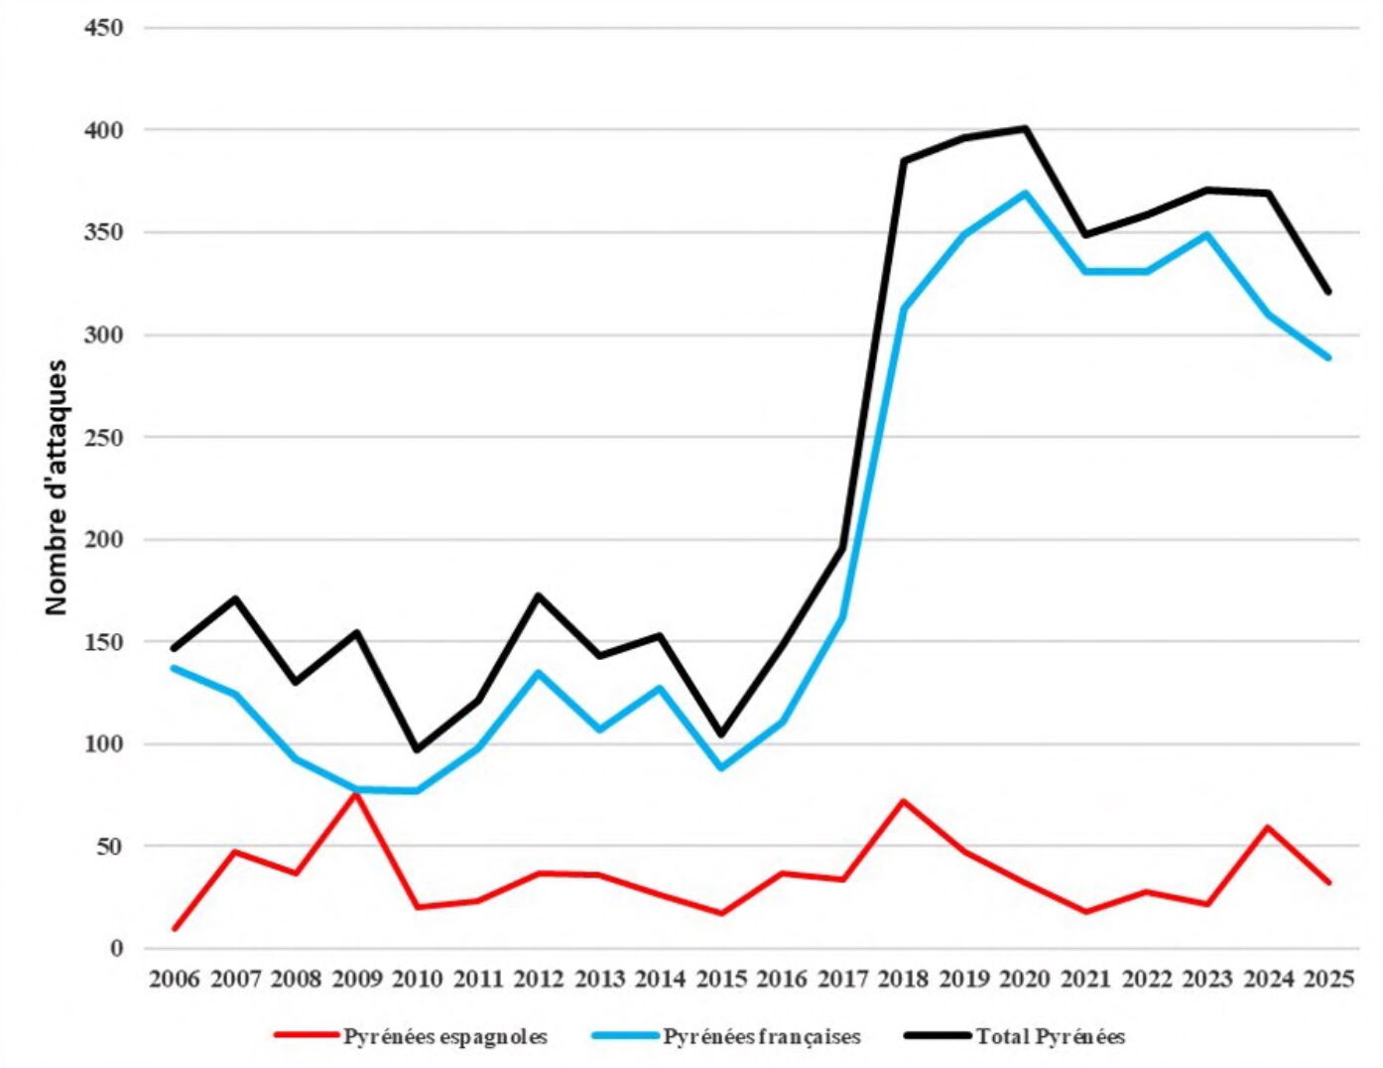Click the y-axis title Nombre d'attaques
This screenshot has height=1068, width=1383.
(x=57, y=486)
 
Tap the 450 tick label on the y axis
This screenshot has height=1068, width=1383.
(x=104, y=28)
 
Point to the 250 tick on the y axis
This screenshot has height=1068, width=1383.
(x=104, y=438)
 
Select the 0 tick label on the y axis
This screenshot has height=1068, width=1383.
(x=116, y=949)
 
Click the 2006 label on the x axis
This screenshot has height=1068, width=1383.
(x=174, y=980)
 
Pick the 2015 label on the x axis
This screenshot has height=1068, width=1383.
(x=721, y=980)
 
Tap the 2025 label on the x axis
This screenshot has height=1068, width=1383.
(x=1329, y=980)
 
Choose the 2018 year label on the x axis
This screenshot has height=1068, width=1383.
(x=904, y=980)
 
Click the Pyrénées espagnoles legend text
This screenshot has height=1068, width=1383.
(x=445, y=1037)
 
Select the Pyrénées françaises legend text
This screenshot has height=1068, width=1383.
(x=762, y=1037)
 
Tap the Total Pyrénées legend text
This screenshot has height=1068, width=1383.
(x=1051, y=1037)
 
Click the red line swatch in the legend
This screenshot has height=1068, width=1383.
(x=307, y=1036)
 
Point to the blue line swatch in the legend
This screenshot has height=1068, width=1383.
(x=625, y=1036)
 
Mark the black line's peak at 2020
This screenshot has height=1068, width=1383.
(x=1025, y=128)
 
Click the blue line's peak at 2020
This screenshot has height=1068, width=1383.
(x=1025, y=193)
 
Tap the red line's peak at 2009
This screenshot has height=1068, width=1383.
(x=356, y=793)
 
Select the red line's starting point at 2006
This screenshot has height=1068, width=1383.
(x=175, y=929)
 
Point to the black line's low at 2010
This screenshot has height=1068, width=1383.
(x=417, y=749)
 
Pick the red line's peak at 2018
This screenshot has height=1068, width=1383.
(x=904, y=801)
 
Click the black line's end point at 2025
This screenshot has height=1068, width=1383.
(x=1328, y=292)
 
